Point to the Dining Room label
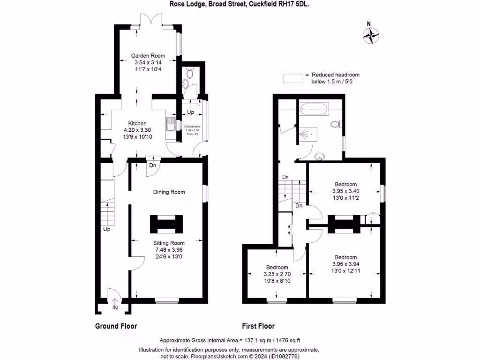click(x=169, y=192)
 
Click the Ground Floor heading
click(x=116, y=326)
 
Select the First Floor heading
click(x=258, y=326)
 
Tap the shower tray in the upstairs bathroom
click(x=307, y=133)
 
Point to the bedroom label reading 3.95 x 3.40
click(x=345, y=191)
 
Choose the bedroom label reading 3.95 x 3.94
click(x=345, y=264)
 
